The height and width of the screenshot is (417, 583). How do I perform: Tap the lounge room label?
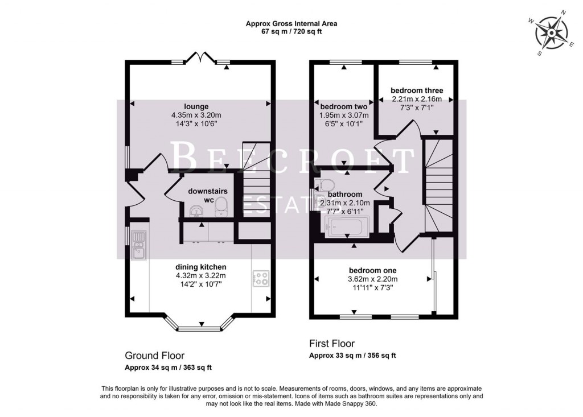click(196, 106)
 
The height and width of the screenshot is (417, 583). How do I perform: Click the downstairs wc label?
click(208, 195)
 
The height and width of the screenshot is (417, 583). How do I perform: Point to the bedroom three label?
click(417, 90)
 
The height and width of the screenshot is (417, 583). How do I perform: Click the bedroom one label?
click(372, 270)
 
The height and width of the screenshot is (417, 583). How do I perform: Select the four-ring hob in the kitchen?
click(261, 279)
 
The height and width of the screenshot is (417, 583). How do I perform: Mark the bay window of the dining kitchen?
click(200, 327)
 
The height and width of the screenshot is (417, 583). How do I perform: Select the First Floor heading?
click(332, 344)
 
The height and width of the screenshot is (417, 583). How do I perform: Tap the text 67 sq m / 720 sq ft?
click(291, 32)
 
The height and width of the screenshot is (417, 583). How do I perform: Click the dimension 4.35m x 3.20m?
click(196, 114)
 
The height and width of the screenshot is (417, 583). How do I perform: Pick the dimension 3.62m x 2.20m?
click(372, 279)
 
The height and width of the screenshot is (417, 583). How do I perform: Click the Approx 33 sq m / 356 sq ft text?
click(352, 356)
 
